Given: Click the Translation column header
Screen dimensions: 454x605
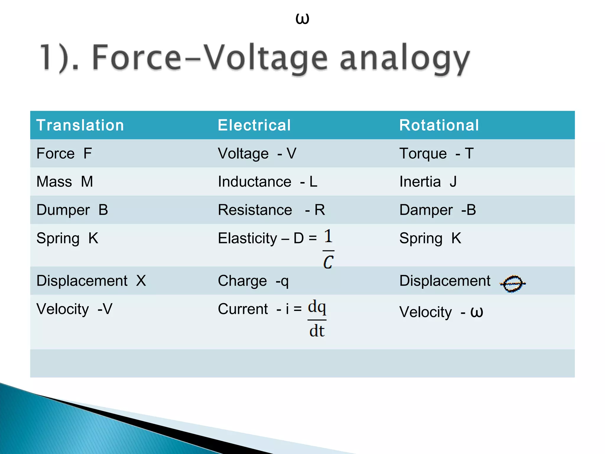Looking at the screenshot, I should pos(80,125).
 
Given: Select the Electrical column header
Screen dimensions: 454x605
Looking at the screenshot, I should pos(254,125).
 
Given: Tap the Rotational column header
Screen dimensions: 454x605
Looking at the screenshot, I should pos(439,125).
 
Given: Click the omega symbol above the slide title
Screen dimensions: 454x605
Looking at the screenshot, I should pos(302,19).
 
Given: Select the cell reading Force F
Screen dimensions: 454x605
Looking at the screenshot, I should pos(64,153).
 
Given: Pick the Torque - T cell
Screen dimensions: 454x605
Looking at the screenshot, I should pos(436,153).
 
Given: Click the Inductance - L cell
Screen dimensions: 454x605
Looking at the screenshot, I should pos(267,181).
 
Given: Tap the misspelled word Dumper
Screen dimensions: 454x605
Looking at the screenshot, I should pos(63,210).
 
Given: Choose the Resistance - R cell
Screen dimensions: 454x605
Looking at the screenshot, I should pos(271,210).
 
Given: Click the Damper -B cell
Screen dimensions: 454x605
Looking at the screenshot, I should pos(438,210).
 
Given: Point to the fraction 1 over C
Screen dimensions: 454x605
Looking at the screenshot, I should pos(328,249).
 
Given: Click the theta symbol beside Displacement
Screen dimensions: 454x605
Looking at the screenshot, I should pos(513,283).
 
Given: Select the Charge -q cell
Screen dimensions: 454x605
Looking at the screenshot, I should pos(253,281).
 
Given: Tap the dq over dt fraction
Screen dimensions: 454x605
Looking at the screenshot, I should pos(317,319).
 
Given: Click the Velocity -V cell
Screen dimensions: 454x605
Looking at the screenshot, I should pos(74,309).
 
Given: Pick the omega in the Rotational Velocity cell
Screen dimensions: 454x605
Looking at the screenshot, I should pos(476,312).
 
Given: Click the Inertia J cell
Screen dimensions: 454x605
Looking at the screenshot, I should pos(428,181).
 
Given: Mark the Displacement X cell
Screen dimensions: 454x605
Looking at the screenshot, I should pos(91,281).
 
